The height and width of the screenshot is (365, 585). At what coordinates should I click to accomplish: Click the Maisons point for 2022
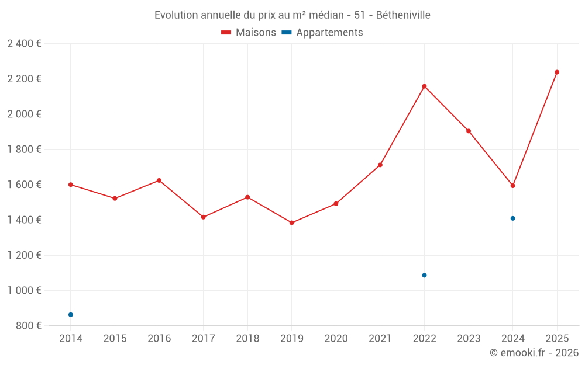424,86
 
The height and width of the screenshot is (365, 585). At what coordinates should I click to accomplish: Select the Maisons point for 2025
557,72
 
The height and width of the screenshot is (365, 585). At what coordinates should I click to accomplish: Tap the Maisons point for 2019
292,223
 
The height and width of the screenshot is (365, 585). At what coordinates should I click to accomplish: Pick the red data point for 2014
71,185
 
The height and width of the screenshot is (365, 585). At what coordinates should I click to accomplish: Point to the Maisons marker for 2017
203,217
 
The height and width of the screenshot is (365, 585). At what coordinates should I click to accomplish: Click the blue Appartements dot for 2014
71,315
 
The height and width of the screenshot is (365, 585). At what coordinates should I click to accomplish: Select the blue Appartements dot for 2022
424,275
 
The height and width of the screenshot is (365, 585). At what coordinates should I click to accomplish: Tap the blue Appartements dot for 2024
512,218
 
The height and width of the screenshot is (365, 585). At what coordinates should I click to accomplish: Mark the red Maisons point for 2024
512,186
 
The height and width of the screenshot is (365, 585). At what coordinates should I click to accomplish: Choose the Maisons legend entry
249,33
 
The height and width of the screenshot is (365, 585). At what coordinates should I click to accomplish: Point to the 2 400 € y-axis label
24,44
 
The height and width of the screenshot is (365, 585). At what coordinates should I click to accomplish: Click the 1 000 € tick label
24,290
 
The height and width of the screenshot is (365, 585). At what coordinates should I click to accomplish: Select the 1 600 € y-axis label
24,185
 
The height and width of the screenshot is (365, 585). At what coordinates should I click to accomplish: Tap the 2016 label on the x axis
159,338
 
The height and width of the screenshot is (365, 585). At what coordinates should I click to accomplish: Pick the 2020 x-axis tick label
336,338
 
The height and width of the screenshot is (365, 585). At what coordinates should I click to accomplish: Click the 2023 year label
469,338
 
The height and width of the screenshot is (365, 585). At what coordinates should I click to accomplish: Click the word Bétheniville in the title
403,15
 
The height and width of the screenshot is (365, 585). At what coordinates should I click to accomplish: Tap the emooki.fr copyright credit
534,353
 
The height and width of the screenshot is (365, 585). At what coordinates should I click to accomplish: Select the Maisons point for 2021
380,165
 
